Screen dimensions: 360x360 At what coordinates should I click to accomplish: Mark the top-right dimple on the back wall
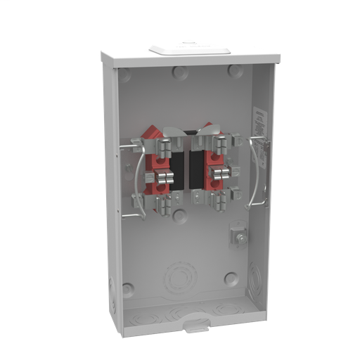(234, 71)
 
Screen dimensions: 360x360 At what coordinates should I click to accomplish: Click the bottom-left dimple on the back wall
(127, 289)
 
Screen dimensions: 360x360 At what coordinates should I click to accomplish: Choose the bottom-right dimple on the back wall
(231, 278)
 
